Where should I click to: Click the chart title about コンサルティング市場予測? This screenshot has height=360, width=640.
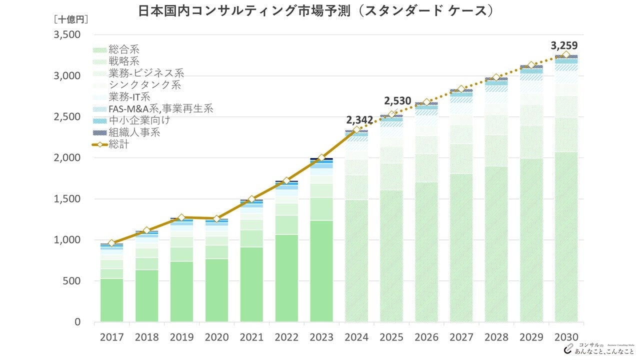[315, 11]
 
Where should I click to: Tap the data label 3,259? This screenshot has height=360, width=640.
[564, 46]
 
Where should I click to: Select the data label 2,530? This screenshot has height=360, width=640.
[397, 101]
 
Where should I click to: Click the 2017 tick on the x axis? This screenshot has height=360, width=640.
[111, 337]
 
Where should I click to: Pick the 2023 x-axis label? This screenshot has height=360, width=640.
[321, 337]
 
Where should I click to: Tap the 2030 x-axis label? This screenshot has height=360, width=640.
[566, 337]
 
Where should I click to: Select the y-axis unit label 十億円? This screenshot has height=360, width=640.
[70, 19]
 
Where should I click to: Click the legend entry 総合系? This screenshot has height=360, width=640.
[124, 50]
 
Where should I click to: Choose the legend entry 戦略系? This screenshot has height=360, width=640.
[124, 61]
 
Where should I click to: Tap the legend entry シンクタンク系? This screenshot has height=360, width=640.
[144, 85]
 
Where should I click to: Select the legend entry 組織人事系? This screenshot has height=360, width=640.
[134, 132]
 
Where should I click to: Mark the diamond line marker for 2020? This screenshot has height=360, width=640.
[216, 218]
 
